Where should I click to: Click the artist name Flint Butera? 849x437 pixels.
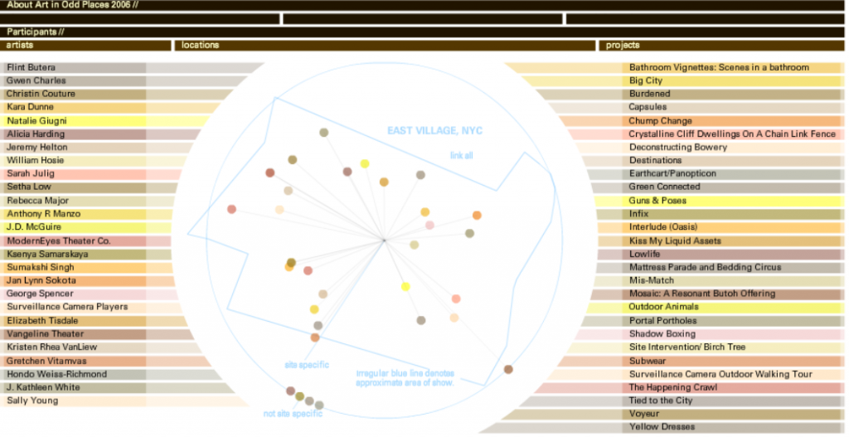coord(32,67)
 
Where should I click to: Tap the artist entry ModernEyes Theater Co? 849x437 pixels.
coord(58,240)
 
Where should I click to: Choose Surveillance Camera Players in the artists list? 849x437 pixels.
coord(67,307)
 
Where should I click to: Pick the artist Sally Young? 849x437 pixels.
coord(32,401)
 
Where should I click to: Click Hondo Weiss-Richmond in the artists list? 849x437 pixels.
coord(56,374)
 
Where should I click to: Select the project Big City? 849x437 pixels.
coord(646,80)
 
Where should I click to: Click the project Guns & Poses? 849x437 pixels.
coord(657,201)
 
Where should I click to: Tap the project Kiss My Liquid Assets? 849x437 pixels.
coord(675,240)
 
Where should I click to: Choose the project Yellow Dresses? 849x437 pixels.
coord(662,427)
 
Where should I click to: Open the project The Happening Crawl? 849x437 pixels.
coord(672,387)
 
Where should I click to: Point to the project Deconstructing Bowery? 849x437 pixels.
coord(677,147)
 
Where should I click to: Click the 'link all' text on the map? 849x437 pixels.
coord(462,155)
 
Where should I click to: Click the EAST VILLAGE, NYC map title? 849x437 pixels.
coord(434,131)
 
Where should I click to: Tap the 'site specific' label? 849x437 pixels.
coord(307,365)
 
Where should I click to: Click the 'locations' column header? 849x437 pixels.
coord(201,45)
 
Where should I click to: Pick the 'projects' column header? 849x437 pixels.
coord(623,45)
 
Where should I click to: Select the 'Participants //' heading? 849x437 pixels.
coord(36,32)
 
